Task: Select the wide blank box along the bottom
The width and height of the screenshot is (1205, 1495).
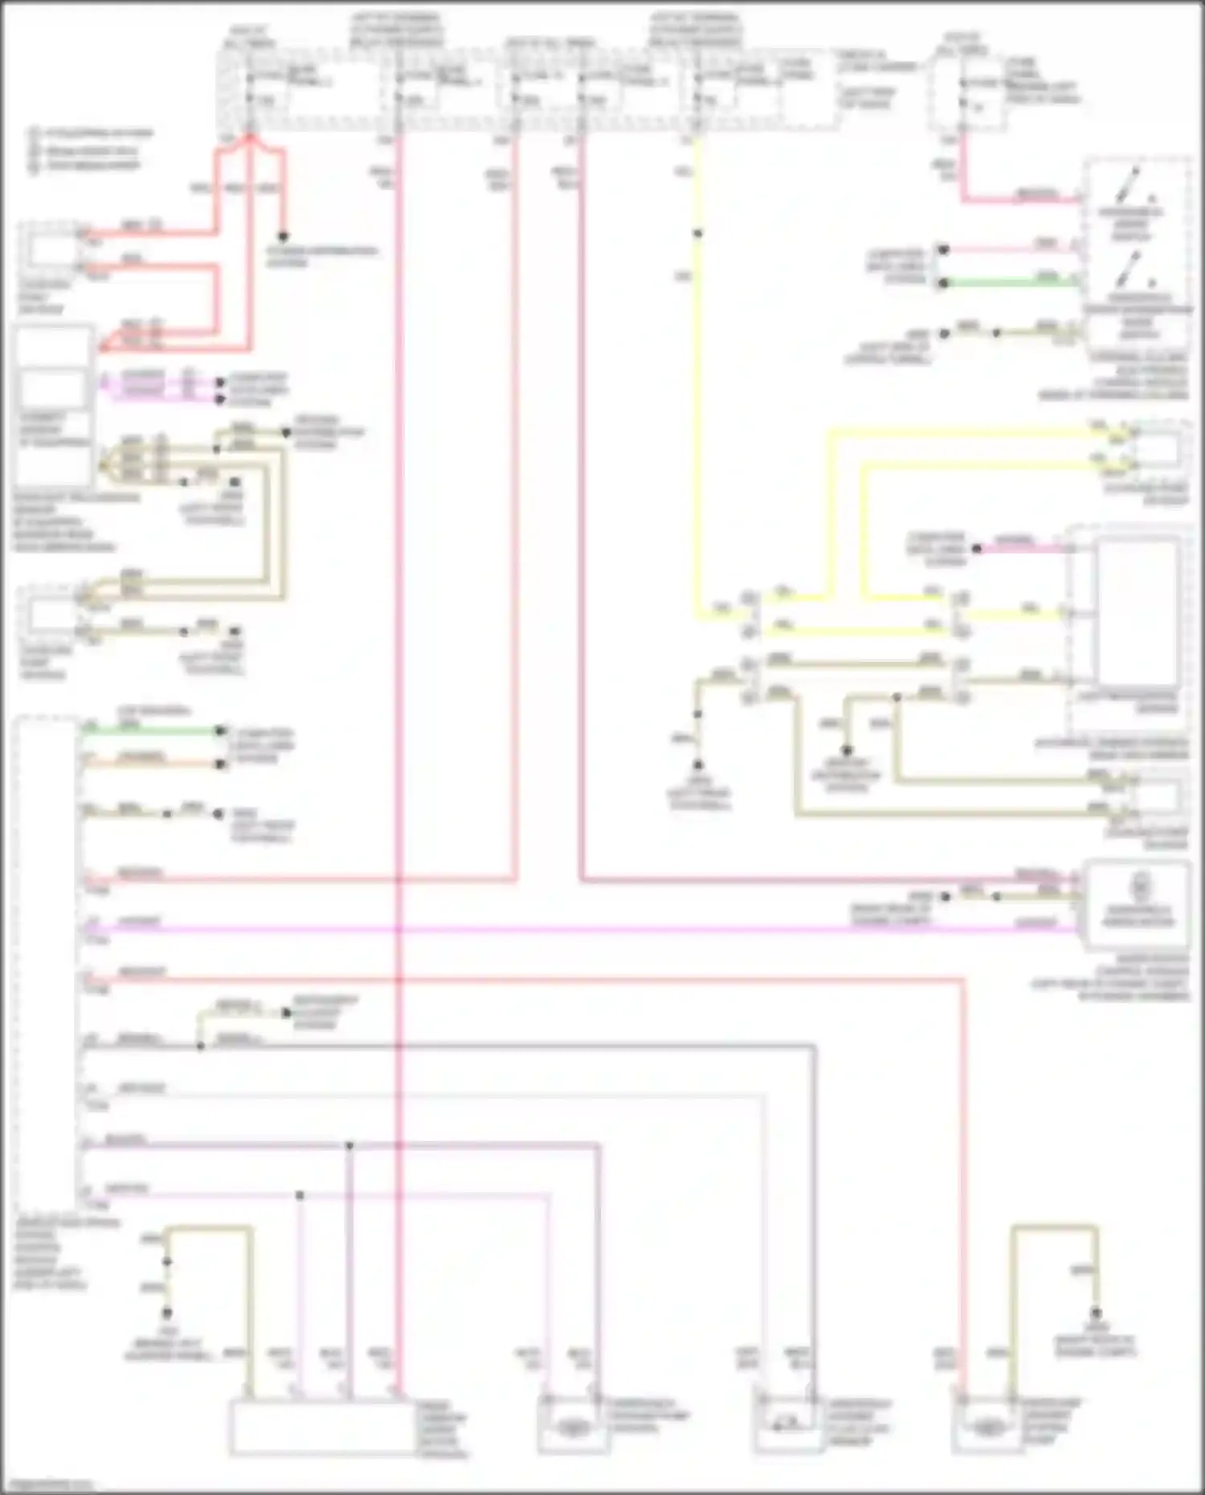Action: pyautogui.click(x=321, y=1428)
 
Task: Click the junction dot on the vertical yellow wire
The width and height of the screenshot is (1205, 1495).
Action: pyautogui.click(x=698, y=234)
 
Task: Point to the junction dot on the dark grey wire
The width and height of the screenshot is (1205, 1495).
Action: pyautogui.click(x=201, y=1046)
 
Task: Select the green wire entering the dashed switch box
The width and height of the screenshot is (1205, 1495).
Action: pyautogui.click(x=1012, y=283)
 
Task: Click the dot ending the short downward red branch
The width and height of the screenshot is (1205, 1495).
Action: pyautogui.click(x=283, y=238)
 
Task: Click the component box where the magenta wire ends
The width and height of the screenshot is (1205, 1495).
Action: pyautogui.click(x=1136, y=904)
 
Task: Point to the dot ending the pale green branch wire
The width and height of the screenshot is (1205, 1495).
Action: pyautogui.click(x=286, y=1012)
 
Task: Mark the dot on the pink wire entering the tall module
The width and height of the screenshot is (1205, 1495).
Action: pyautogui.click(x=977, y=549)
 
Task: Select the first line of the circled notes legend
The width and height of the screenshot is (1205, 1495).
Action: pyautogui.click(x=92, y=133)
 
